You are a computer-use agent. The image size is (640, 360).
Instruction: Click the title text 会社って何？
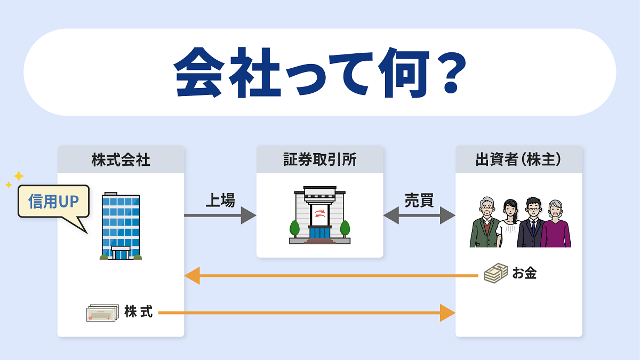tap(320, 73)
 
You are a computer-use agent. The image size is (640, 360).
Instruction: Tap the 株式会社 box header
tap(121, 159)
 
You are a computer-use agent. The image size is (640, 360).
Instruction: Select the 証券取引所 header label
tap(320, 159)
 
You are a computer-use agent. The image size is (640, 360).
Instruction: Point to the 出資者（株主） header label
tap(518, 159)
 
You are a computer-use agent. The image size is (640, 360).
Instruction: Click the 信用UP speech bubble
tap(54, 202)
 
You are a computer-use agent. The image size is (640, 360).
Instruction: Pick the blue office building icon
tap(121, 226)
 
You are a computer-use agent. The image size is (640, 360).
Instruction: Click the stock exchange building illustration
tap(319, 215)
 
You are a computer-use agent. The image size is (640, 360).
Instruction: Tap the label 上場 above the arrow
tap(220, 201)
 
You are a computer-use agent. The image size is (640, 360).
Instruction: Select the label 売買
tap(419, 201)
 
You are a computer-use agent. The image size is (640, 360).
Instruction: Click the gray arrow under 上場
tap(220, 215)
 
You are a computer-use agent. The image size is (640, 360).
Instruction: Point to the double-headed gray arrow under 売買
tap(419, 215)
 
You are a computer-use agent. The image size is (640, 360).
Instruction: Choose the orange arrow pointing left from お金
tap(331, 276)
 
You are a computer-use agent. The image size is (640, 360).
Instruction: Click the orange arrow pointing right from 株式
tap(307, 313)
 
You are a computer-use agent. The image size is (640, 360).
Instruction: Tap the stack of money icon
tap(496, 273)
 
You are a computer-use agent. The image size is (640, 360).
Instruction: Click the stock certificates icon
tap(102, 313)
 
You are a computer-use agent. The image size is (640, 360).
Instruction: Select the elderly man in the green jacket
tap(485, 222)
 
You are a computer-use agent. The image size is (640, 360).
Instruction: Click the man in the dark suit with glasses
tap(531, 222)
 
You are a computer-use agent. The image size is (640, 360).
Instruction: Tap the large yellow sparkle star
tap(19, 176)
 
